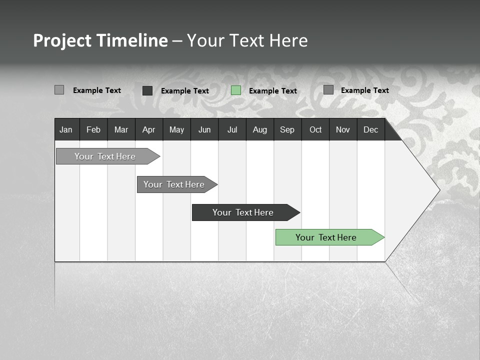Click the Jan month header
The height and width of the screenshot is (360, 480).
click(x=66, y=129)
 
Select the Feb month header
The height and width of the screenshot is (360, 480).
click(x=93, y=129)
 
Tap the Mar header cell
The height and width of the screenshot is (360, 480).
click(x=121, y=129)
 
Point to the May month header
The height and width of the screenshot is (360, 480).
click(x=176, y=129)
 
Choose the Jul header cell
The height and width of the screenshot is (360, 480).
click(x=232, y=129)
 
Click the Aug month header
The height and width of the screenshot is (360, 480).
click(x=259, y=129)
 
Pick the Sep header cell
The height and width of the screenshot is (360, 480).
click(x=287, y=129)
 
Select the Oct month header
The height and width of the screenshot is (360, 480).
click(x=315, y=129)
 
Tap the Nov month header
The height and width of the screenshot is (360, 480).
click(x=343, y=129)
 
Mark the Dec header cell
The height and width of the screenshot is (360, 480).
click(x=370, y=129)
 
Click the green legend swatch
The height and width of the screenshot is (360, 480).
click(x=236, y=90)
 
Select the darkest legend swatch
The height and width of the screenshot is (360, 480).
click(x=147, y=90)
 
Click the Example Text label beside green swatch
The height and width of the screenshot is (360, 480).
click(x=272, y=91)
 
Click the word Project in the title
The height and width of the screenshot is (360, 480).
click(x=62, y=40)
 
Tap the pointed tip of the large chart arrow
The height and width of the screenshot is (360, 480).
click(x=438, y=190)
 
